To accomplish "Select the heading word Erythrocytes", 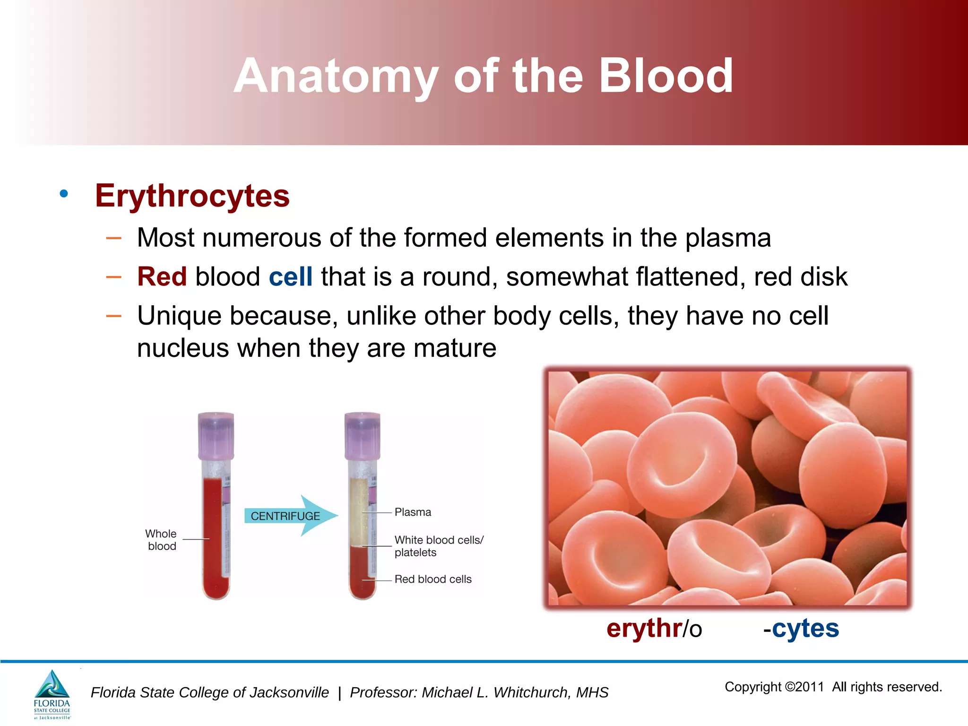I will (x=192, y=196).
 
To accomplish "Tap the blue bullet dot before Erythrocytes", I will (x=64, y=193).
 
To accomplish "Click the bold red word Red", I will (x=162, y=277).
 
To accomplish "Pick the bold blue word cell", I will (x=291, y=277).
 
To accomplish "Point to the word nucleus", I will (x=183, y=348).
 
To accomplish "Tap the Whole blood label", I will (x=161, y=540).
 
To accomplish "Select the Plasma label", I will (x=413, y=512).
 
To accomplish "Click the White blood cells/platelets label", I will (x=438, y=546).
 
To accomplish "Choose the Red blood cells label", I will (x=433, y=579).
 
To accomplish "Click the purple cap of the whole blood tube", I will (x=216, y=435).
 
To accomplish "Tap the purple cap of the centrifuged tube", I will (x=363, y=435).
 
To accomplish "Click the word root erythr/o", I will (x=654, y=629).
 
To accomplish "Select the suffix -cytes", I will (x=801, y=629).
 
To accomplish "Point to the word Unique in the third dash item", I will (x=179, y=316).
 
